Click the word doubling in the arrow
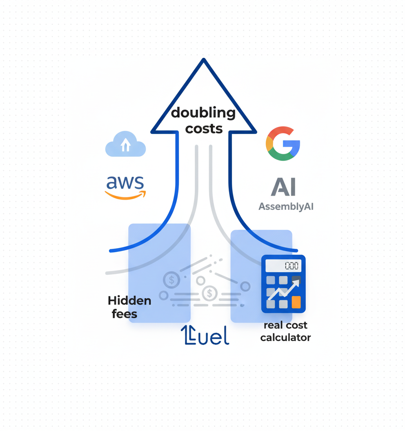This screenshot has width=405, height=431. click(x=203, y=113)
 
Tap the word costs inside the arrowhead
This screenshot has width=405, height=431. click(x=204, y=129)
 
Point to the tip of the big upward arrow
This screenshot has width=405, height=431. click(x=203, y=60)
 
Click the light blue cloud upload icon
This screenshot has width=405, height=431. click(x=125, y=144)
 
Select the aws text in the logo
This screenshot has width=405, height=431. click(x=125, y=183)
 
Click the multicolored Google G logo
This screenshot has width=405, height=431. click(x=283, y=143)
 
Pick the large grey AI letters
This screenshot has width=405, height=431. click(x=283, y=187)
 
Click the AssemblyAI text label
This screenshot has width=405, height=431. click(x=286, y=207)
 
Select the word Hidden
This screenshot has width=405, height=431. click(x=129, y=301)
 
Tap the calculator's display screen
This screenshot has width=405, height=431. click(x=283, y=266)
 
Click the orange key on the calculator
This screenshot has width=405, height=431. click(x=296, y=302)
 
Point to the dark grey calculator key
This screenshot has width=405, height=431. click(x=296, y=280)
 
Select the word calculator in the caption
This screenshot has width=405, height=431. click(x=285, y=338)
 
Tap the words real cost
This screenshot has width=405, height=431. click(x=285, y=325)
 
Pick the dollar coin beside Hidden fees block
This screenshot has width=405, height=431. click(x=171, y=280)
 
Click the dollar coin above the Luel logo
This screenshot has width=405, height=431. click(x=209, y=293)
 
